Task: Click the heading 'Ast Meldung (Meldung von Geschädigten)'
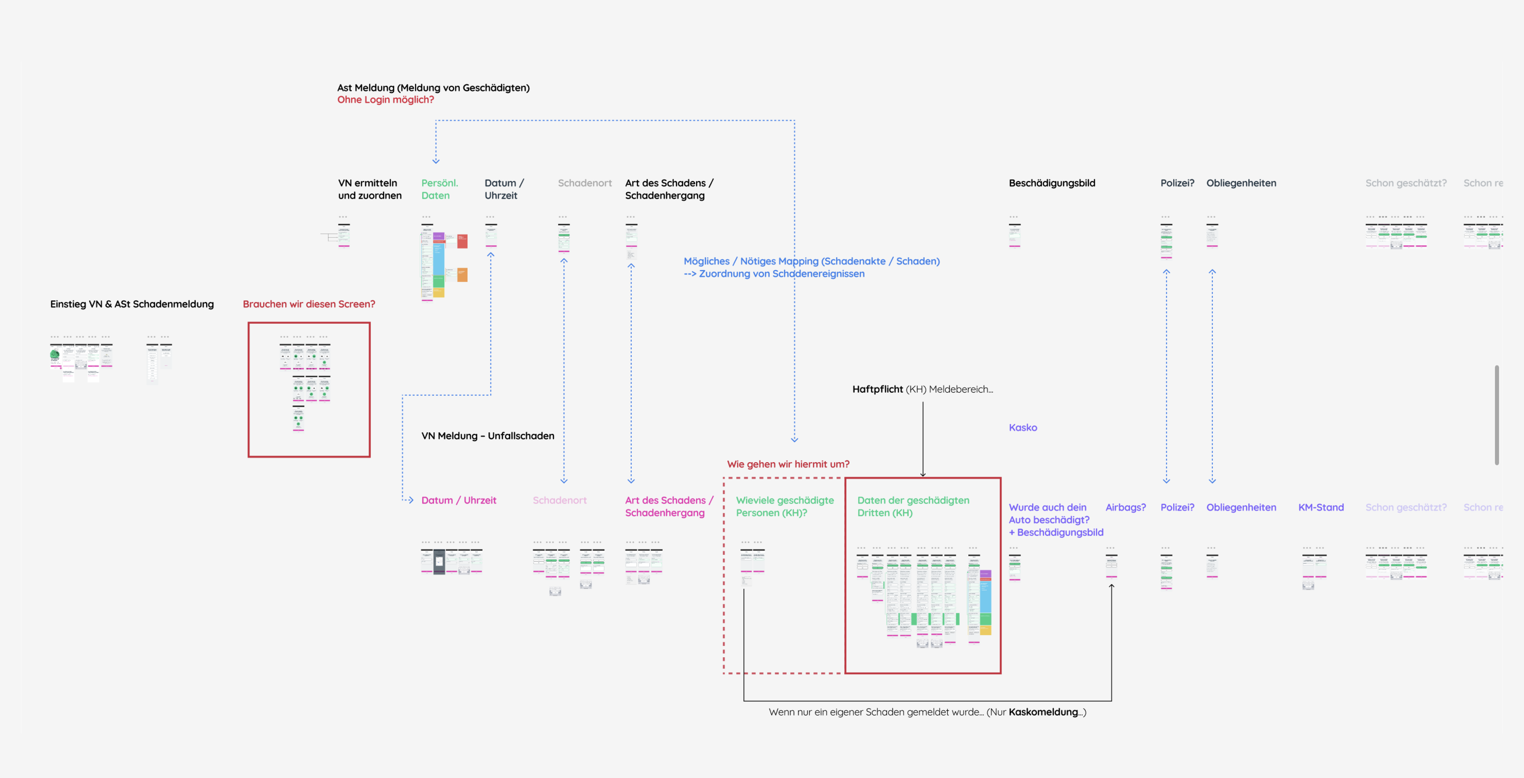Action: [433, 87]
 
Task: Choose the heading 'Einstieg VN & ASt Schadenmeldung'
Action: [132, 304]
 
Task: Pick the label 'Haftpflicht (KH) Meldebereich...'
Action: [922, 389]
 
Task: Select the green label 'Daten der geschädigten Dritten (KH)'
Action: [913, 506]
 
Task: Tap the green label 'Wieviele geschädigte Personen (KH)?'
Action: [785, 506]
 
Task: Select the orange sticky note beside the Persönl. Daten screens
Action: [462, 274]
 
